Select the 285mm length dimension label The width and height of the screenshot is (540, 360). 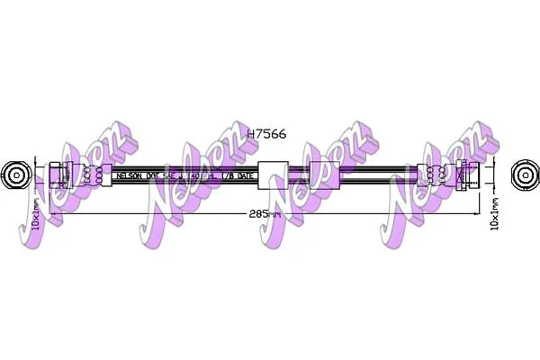(266, 216)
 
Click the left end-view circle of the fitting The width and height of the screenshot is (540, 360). (15, 174)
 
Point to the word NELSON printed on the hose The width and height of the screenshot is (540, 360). (129, 176)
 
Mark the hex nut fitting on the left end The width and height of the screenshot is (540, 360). (58, 175)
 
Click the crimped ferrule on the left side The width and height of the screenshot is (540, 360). (93, 175)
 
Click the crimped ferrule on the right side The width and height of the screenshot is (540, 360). (437, 175)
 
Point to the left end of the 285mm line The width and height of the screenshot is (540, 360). (51, 215)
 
